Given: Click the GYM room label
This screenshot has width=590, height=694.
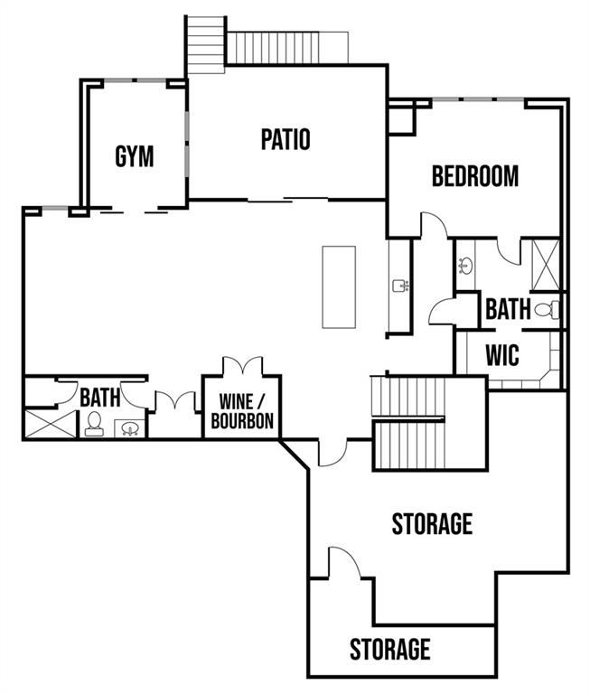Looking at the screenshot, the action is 134,156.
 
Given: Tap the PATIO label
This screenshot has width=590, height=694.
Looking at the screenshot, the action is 286,139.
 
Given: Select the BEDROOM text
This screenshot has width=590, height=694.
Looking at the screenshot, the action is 475,176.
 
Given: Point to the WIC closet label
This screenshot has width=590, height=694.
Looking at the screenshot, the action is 502,355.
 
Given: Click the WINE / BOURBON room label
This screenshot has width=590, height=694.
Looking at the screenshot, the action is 242,412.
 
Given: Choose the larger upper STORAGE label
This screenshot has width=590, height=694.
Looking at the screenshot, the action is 432,523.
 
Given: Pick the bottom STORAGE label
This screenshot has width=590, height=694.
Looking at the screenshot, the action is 390,650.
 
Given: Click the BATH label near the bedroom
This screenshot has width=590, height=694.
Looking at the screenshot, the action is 508,309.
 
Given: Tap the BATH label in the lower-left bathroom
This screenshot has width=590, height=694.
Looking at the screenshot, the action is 100,397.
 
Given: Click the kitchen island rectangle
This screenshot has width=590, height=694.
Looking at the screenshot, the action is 339,287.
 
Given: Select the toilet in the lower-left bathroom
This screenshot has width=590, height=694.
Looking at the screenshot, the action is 94,424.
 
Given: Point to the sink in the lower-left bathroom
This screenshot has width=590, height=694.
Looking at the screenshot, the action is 130,428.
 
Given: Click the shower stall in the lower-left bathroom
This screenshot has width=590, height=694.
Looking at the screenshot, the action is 51,424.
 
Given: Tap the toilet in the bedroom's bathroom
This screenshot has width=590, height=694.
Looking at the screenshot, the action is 547,310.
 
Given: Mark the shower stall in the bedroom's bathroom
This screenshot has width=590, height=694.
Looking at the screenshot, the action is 546,265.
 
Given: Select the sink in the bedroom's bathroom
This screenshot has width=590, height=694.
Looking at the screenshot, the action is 465,266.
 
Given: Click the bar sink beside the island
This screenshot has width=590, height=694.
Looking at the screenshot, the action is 400,286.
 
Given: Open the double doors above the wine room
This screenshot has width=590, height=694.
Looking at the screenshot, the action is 242,366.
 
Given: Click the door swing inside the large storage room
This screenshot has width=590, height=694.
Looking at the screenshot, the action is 344,562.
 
